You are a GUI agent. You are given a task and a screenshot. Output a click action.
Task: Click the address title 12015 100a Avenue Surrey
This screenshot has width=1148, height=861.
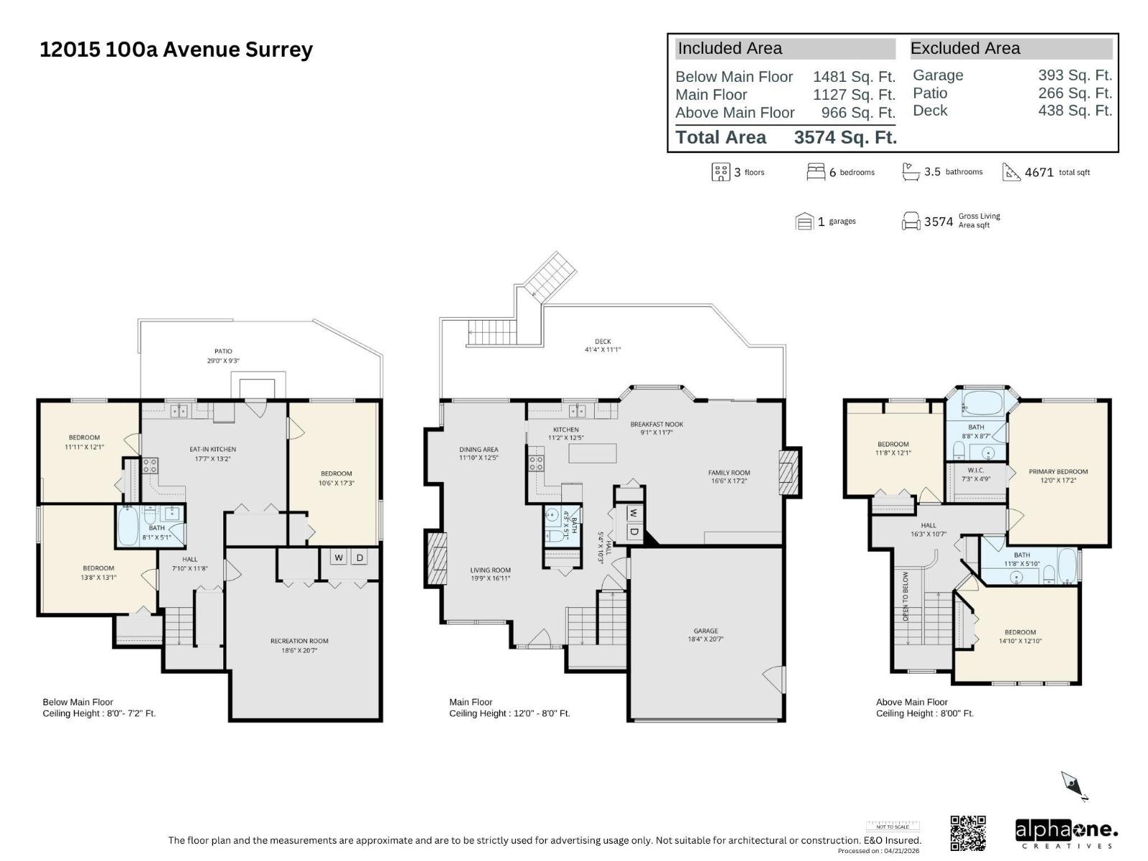[177, 50]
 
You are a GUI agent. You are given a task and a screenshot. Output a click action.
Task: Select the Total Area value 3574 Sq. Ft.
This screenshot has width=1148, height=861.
[845, 137]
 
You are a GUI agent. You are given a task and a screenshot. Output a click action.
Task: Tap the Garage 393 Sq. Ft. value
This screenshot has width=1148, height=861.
[1074, 75]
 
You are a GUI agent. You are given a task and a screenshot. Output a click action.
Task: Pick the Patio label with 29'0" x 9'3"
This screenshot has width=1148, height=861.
[223, 356]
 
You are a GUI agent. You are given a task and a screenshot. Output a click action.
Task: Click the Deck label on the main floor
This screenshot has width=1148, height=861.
[603, 345]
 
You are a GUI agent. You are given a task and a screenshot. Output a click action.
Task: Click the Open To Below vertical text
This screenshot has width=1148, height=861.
[905, 596]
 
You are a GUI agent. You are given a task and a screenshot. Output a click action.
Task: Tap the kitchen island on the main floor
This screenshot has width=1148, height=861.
[593, 453]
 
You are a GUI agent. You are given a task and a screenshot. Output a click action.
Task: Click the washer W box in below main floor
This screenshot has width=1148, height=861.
[339, 557]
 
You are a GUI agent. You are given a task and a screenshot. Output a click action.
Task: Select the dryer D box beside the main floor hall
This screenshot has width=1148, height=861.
[634, 532]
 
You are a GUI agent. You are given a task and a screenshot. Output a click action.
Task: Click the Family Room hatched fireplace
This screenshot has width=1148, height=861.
[789, 472]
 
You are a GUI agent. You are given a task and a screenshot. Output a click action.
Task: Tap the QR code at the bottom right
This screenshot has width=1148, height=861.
[968, 833]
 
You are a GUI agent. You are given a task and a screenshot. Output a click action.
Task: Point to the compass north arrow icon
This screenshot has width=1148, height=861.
[1075, 786]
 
